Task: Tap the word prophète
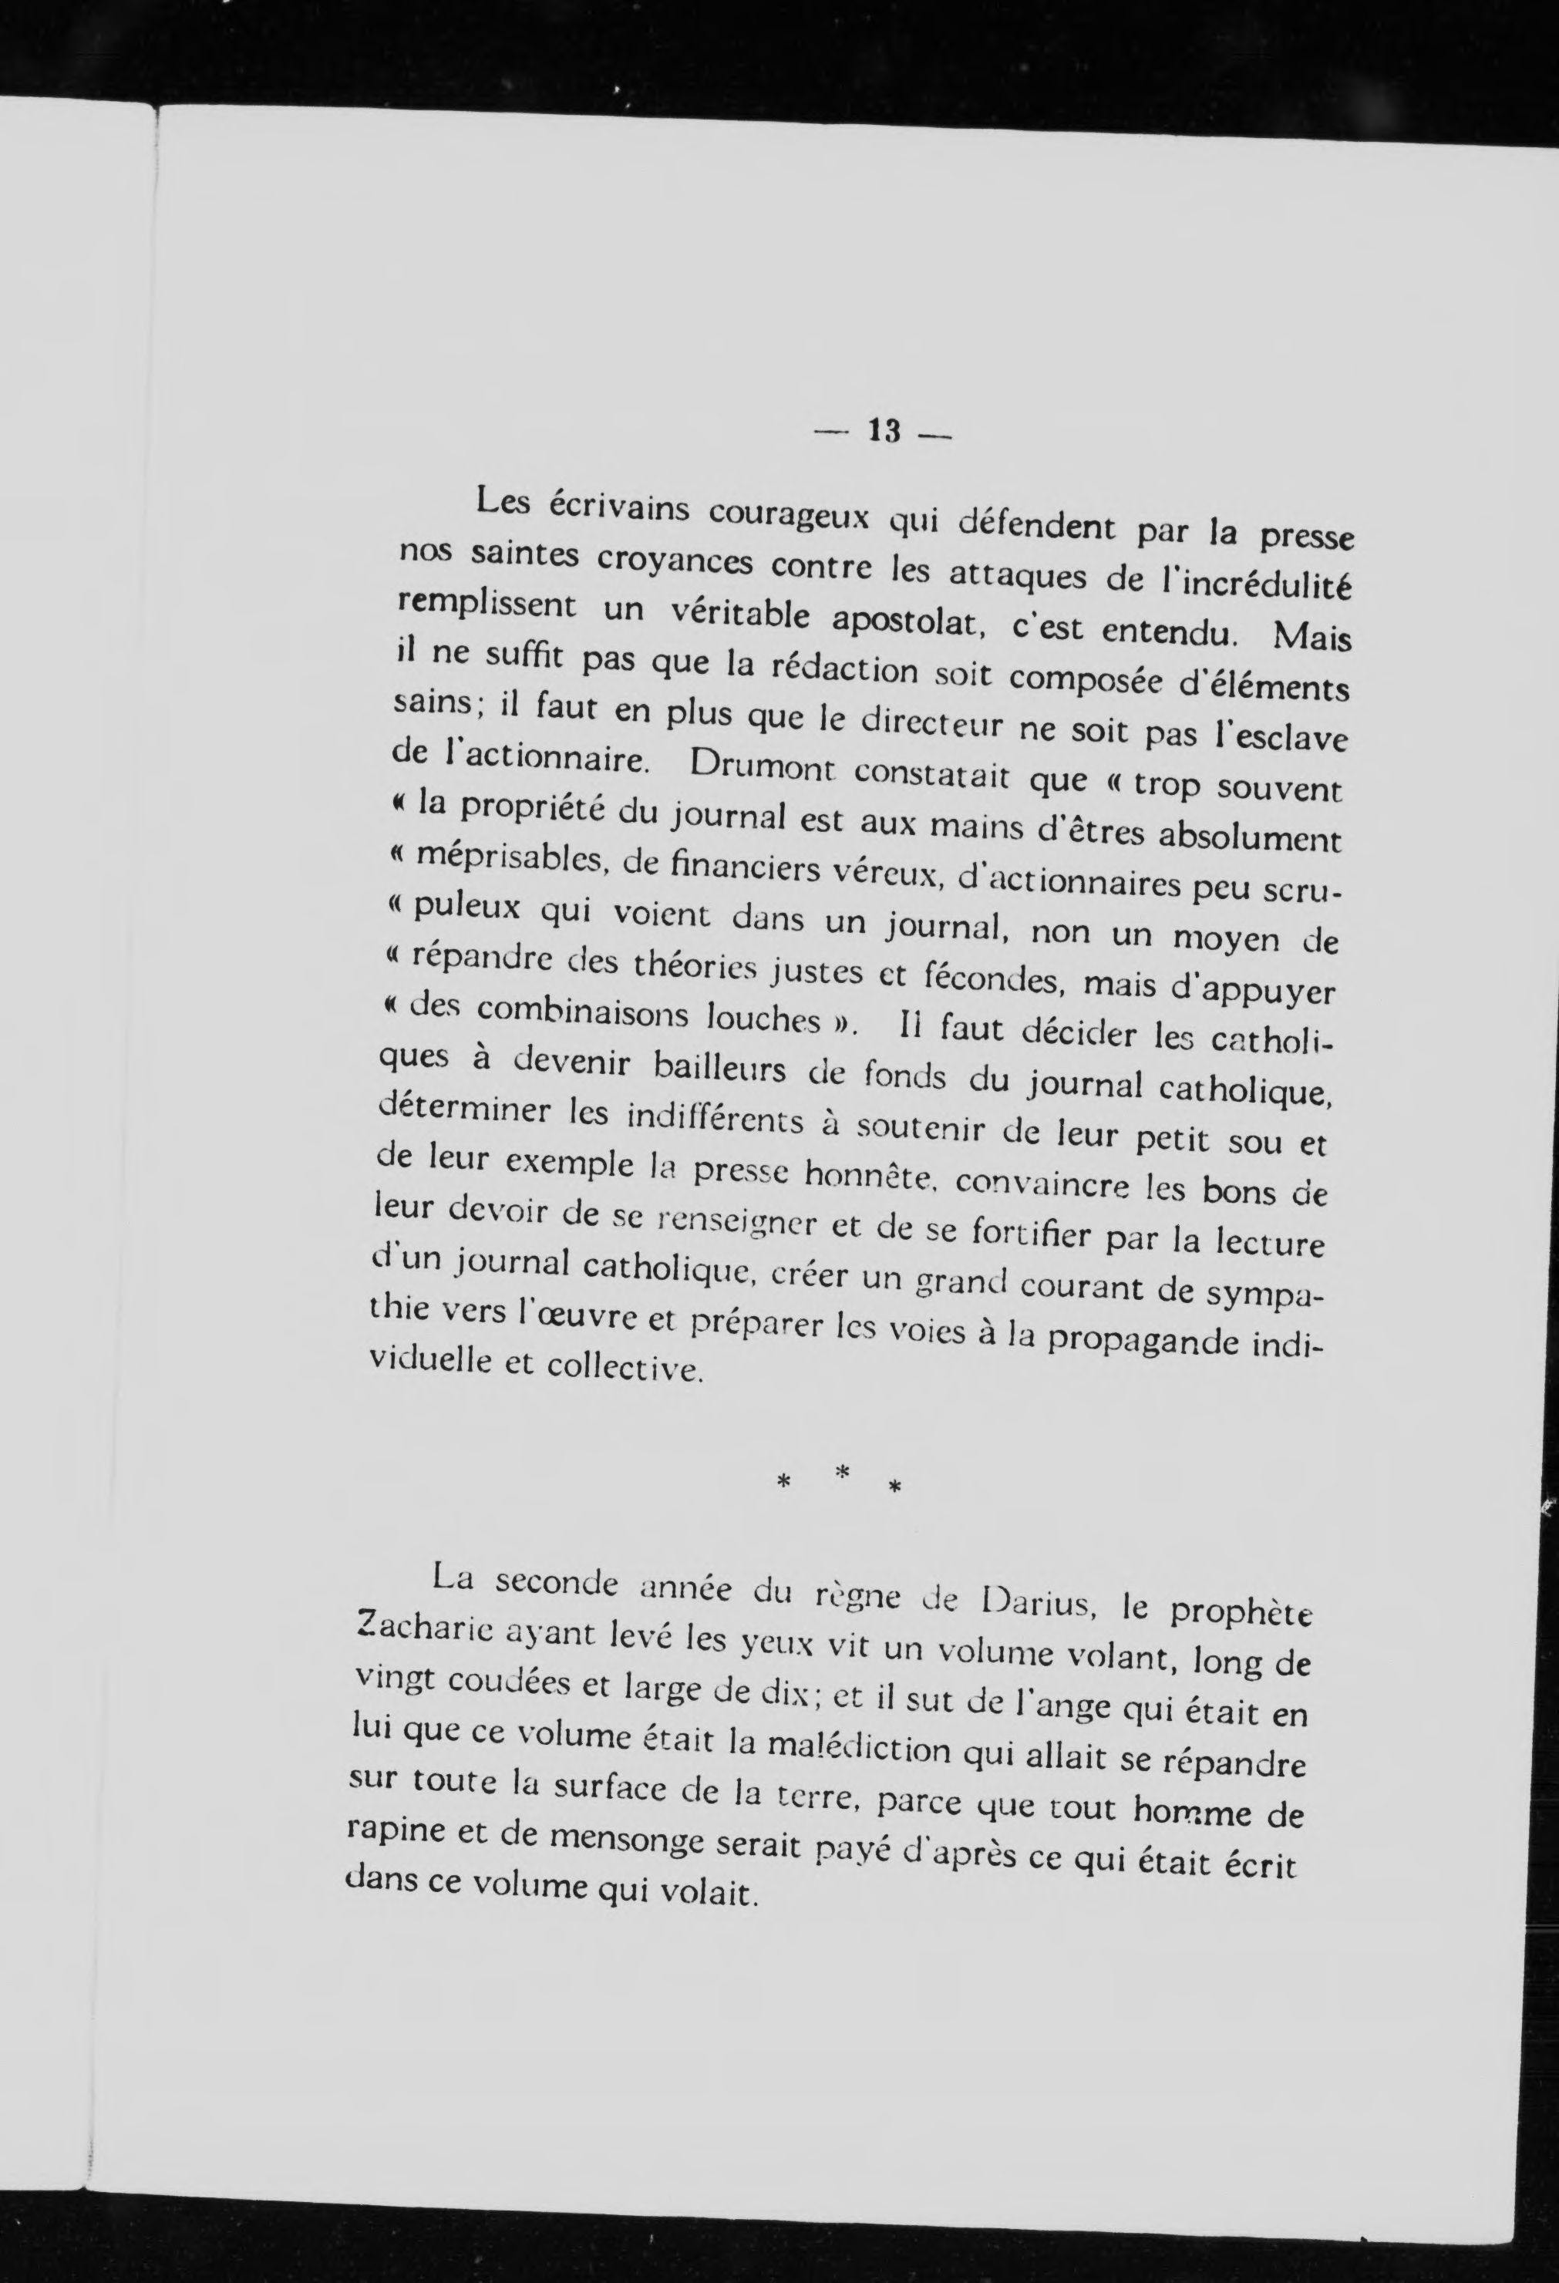tap(1243, 1617)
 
